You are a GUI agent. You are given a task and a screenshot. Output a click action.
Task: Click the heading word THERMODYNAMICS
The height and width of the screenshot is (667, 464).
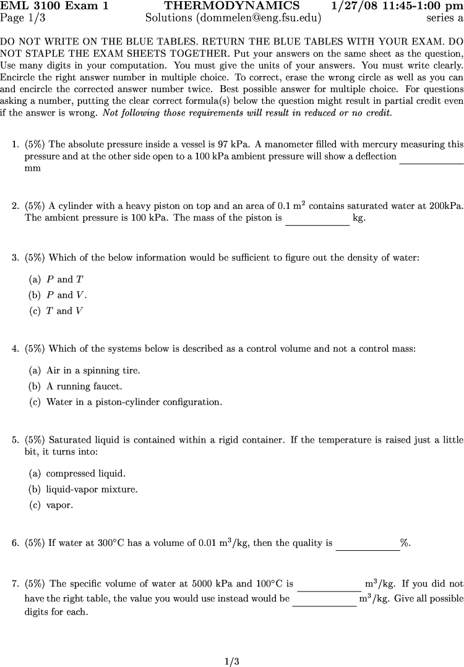click(232, 6)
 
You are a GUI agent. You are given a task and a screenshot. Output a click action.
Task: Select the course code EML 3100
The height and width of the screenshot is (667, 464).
click(28, 6)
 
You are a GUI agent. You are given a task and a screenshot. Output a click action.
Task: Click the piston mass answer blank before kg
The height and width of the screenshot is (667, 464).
click(317, 223)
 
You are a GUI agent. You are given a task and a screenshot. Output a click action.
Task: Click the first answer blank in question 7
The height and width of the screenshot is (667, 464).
click(329, 589)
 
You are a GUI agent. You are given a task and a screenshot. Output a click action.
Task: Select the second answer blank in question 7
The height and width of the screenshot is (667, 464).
click(324, 605)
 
